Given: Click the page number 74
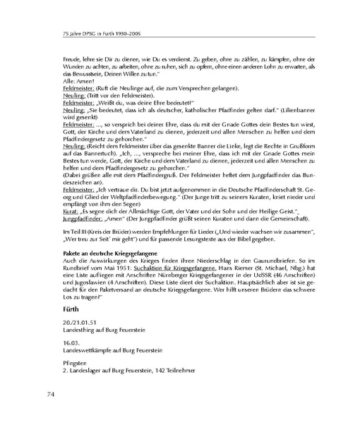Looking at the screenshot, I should click(52, 393).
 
